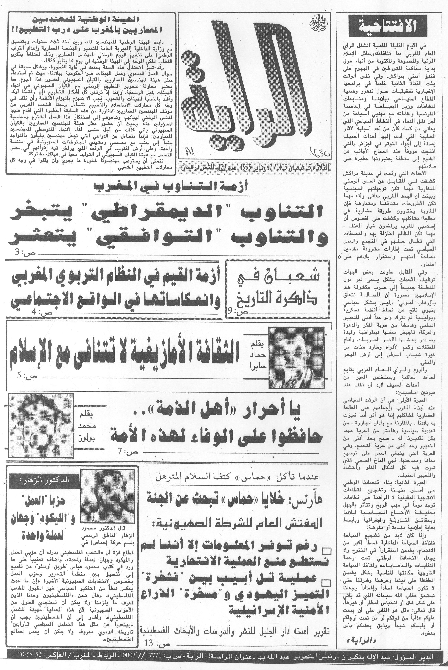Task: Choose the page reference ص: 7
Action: [124, 452]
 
